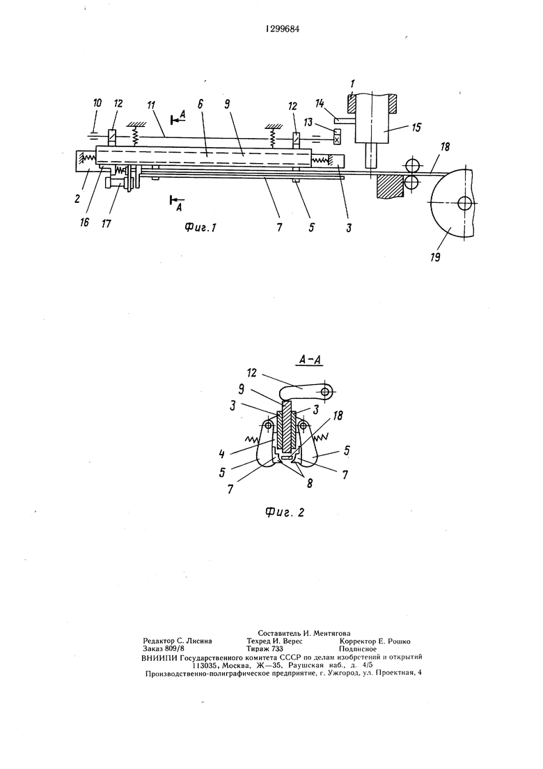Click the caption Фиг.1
200,227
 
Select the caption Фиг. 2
285,512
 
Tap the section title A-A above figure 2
309,360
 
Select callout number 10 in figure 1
97,103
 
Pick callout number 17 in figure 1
106,223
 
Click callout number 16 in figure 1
85,222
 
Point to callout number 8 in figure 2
309,483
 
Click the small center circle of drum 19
463,201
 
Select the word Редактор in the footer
159,641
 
